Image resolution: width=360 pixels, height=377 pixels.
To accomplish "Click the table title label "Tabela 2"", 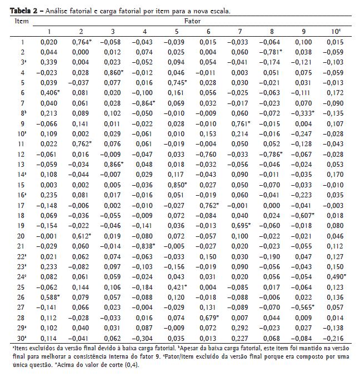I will pos(18,11).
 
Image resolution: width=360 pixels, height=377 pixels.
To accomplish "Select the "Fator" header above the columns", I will pos(192,21).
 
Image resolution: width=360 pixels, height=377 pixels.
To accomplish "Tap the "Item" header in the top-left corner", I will pos(22,21).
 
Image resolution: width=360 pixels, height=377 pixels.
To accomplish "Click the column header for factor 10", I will pos(336,32).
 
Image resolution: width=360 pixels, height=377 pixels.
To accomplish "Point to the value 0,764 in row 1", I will pos(81,42).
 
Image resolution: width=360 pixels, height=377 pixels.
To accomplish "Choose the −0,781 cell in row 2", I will pos(272,52).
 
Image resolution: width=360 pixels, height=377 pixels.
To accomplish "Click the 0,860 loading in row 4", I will pos(113,73).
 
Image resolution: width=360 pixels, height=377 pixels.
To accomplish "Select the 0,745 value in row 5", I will pos(177,83).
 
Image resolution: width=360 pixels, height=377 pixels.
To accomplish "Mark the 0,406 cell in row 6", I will pos(49,93).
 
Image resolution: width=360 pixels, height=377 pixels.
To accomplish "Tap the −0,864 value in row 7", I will pos(145,103).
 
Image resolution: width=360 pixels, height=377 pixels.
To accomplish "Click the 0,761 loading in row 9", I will pos(241,123).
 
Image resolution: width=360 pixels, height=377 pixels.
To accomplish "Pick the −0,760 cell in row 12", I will pos(208,154).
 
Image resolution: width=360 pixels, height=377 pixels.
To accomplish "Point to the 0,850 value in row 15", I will pos(177,185).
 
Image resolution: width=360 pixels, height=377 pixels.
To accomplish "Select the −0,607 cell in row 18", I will pos(303,215).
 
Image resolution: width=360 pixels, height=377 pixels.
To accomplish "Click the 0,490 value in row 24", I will pos(336,276).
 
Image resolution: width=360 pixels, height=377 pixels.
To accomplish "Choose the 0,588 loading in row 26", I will pos(49,296).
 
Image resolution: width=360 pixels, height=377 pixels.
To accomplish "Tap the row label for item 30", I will pos(22,338).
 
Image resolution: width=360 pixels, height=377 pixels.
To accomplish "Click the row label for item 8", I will pos(22,113).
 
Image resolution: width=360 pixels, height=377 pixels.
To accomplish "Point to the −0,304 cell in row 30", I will pos(145,338).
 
